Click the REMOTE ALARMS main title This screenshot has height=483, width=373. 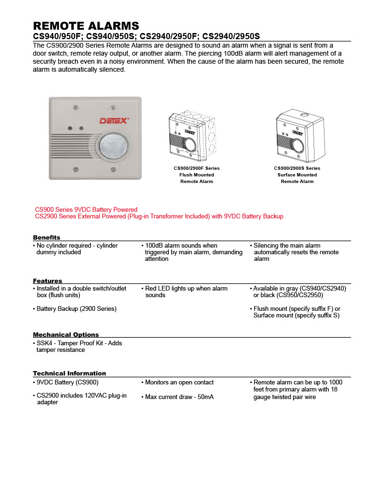86,25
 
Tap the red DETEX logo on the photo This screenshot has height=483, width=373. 114,121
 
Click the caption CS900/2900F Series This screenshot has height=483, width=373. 196,168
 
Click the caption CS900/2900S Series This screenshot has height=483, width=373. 297,168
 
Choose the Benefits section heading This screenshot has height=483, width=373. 47,237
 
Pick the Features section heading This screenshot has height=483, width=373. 48,281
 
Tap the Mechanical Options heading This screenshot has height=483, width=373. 66,335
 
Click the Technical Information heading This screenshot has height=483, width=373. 69,374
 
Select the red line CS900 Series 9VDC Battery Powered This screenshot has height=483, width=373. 86,209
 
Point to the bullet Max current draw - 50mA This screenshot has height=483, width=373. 179,397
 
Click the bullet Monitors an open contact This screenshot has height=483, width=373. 179,383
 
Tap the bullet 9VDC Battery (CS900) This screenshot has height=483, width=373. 67,383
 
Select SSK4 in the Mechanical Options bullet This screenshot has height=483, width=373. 44,343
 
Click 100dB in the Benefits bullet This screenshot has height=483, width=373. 154,246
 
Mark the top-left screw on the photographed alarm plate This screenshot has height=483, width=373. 75,108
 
